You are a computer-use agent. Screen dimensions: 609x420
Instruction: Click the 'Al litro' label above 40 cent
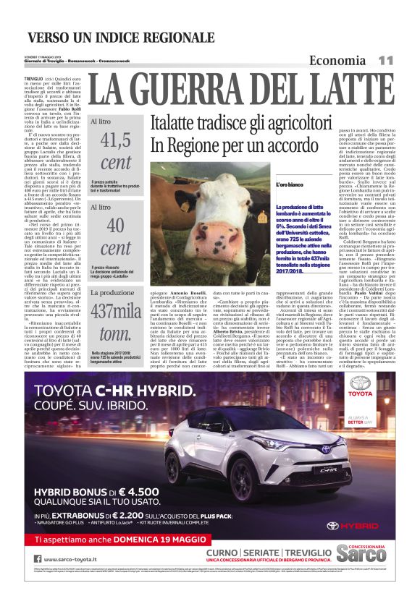click(x=101, y=207)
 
